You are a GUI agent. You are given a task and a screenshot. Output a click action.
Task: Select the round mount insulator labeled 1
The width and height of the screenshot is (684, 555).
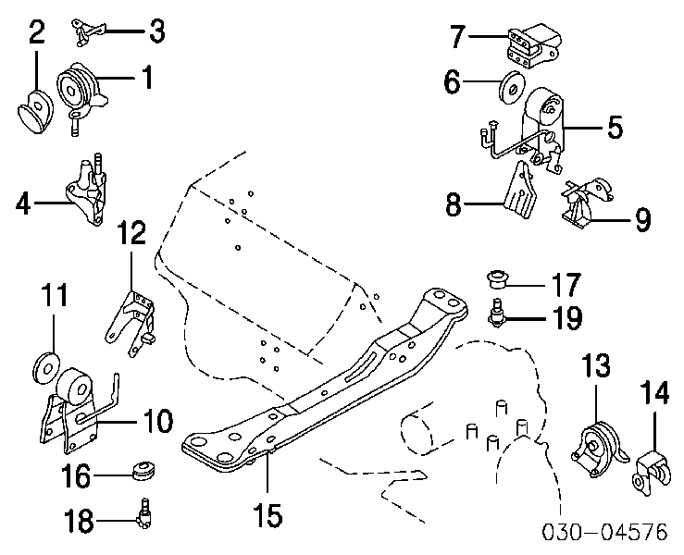coord(79,91)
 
